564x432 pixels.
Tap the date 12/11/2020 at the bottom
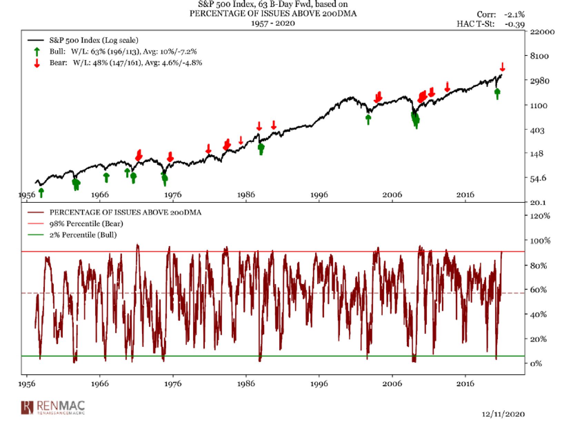pyautogui.click(x=503, y=414)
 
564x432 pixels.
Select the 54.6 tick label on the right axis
pyautogui.click(x=538, y=178)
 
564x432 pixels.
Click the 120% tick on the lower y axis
pyautogui.click(x=540, y=216)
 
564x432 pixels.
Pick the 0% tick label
pyautogui.click(x=536, y=363)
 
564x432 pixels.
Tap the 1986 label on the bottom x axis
pyautogui.click(x=246, y=384)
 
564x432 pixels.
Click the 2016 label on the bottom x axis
pyautogui.click(x=465, y=384)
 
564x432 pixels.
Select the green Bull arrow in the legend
pyautogui.click(x=37, y=52)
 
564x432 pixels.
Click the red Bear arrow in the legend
pyautogui.click(x=37, y=63)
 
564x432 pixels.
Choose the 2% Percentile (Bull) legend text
pyautogui.click(x=83, y=235)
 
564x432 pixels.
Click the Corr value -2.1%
pyautogui.click(x=514, y=14)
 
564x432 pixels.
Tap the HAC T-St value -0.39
pyautogui.click(x=515, y=24)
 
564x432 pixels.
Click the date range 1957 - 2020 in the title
pyautogui.click(x=273, y=23)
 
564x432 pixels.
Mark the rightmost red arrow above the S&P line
pyautogui.click(x=502, y=67)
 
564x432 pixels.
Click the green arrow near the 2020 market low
pyautogui.click(x=497, y=93)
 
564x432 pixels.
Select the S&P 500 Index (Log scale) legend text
pyautogui.click(x=94, y=40)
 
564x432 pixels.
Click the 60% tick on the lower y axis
pyautogui.click(x=538, y=290)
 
